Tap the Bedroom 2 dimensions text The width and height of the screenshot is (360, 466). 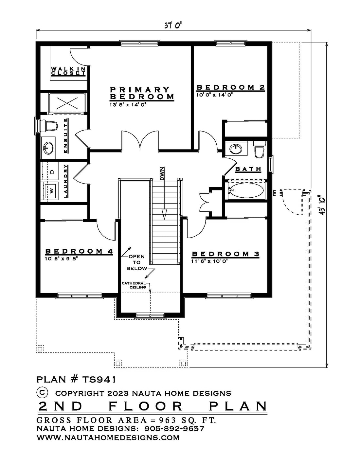point(215,94)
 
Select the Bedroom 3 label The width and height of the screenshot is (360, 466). point(225,254)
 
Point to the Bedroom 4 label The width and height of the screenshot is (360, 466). point(79,251)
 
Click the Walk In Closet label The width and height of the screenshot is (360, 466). point(68,71)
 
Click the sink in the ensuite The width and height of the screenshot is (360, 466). point(48,148)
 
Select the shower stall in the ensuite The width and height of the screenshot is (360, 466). point(67,103)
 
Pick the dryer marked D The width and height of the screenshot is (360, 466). point(51,171)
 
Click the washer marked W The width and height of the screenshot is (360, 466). point(51,190)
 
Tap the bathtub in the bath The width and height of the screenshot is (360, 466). point(246,190)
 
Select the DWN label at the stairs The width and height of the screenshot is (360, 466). point(162,174)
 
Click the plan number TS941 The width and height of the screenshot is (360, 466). point(76,380)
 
